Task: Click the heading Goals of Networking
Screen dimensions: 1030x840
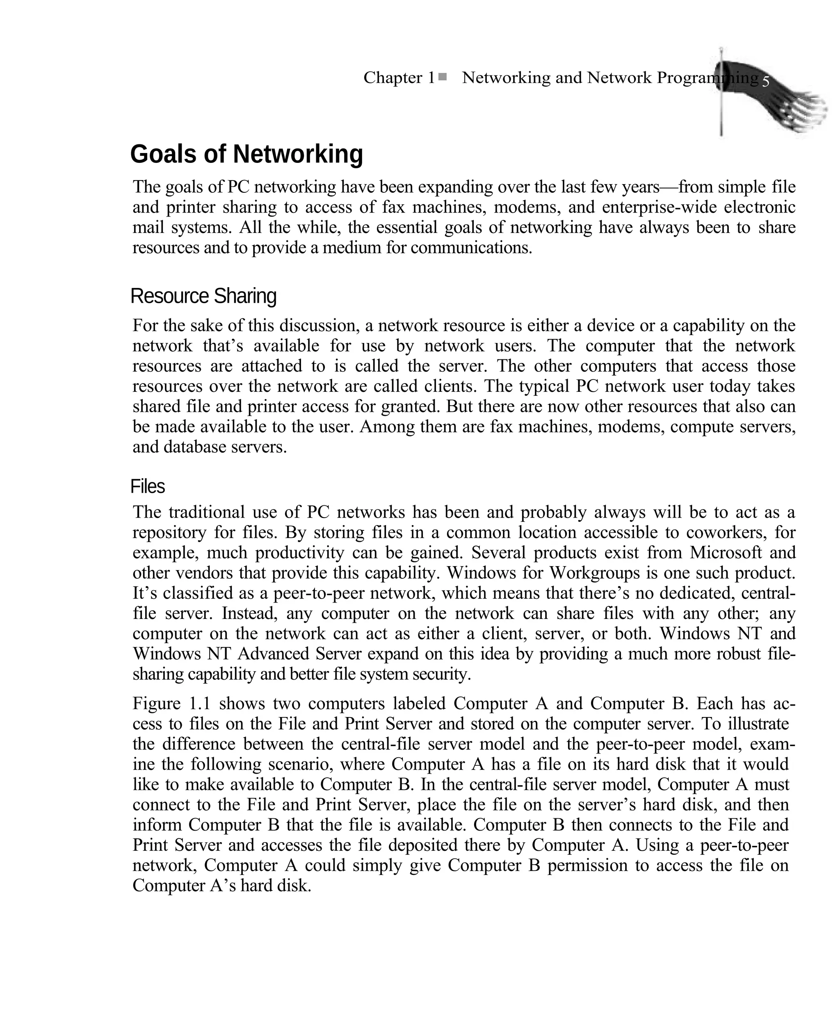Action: [x=246, y=154]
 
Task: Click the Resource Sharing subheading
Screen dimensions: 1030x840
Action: [x=203, y=296]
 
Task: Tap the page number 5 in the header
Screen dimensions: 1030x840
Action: [x=765, y=82]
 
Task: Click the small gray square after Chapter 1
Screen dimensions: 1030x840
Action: [x=442, y=76]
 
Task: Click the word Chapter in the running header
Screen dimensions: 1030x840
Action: [x=393, y=78]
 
